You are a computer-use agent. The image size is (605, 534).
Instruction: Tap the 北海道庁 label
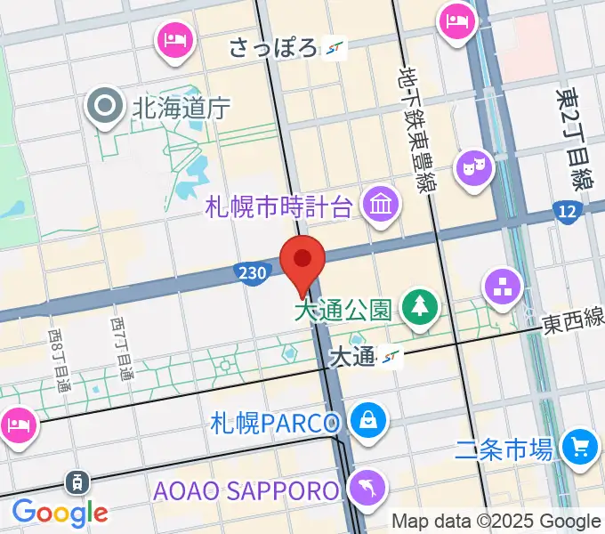(x=181, y=109)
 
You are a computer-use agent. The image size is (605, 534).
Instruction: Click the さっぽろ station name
(x=273, y=47)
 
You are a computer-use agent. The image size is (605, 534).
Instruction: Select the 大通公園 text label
(x=343, y=310)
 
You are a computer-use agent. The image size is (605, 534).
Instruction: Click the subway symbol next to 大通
(x=390, y=358)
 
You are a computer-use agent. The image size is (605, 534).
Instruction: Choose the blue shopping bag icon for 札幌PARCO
(x=366, y=421)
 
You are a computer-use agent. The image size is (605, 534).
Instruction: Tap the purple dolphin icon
(x=367, y=488)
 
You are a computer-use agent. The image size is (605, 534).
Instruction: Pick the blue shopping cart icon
(x=579, y=448)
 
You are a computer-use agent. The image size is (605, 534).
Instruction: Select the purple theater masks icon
(x=474, y=167)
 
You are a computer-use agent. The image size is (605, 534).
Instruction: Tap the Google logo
(x=60, y=512)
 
